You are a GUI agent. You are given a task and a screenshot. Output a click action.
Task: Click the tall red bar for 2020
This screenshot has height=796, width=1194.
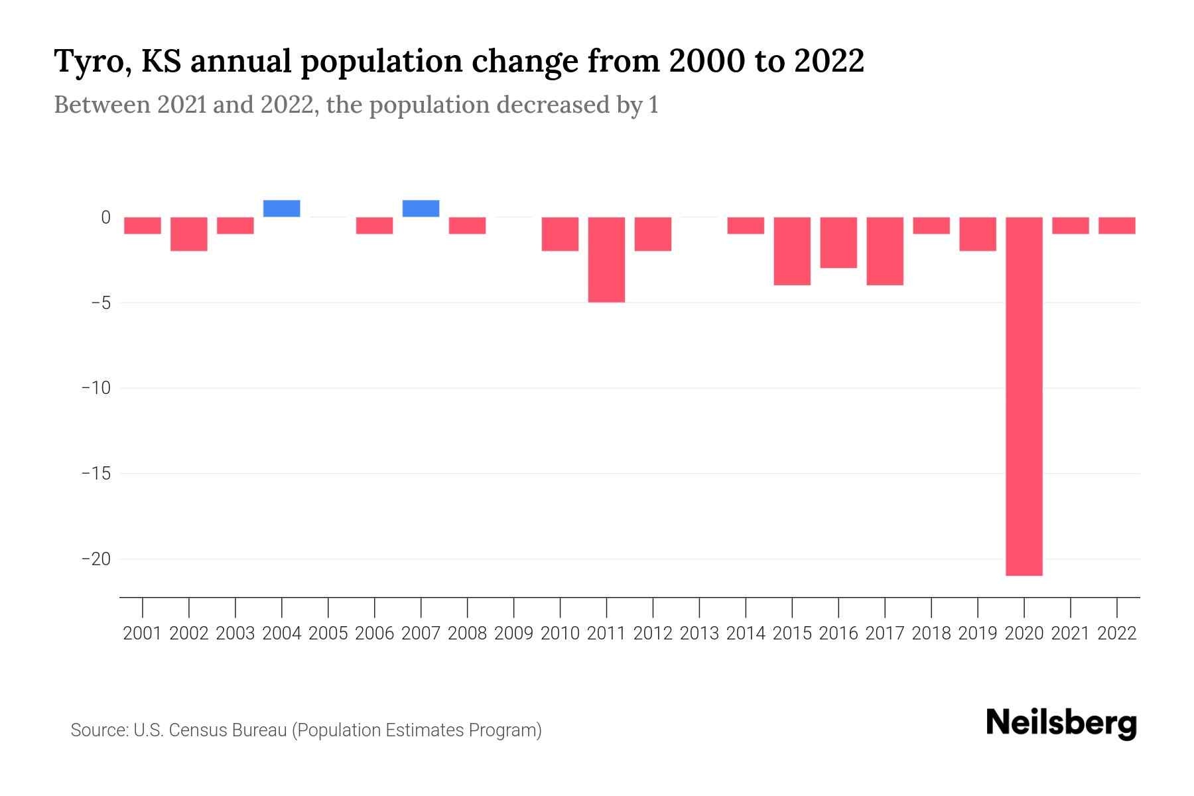point(1024,396)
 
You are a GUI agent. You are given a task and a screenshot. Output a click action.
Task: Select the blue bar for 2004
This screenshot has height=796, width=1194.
point(281,208)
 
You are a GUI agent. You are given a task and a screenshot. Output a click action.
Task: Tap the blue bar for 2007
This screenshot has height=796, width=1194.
point(421,208)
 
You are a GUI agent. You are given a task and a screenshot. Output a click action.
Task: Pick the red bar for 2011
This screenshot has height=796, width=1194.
point(606,259)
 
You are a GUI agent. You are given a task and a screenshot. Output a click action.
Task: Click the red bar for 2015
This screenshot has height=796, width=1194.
point(792,251)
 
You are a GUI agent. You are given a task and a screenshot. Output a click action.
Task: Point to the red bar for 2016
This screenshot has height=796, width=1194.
point(838,242)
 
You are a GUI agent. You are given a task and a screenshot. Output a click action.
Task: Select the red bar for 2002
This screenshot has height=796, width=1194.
point(189,233)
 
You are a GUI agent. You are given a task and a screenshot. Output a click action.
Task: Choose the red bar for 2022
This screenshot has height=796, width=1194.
point(1116,226)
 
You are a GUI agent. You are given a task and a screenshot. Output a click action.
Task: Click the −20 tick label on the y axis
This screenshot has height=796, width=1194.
point(96,559)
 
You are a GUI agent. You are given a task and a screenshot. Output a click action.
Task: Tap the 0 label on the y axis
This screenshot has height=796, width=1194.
point(105,218)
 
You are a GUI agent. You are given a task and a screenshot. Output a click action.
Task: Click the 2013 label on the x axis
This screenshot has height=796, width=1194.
point(699,633)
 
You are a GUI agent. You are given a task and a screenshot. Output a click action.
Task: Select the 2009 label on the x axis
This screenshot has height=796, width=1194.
point(513,633)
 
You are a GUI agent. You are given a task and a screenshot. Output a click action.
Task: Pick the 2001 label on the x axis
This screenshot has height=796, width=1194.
point(143,633)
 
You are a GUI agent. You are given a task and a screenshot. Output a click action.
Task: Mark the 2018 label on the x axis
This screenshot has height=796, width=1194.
point(931,633)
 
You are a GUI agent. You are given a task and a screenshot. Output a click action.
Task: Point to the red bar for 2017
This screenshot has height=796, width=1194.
point(884,251)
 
